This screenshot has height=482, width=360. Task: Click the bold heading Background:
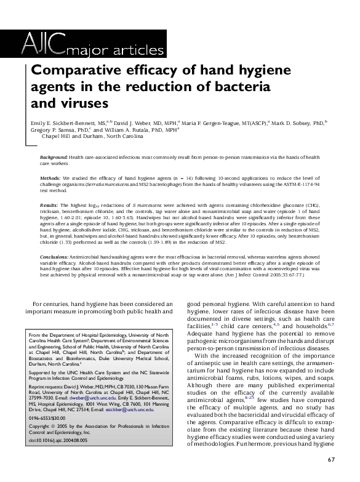(54, 158)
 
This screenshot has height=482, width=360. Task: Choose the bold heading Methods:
(52, 177)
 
